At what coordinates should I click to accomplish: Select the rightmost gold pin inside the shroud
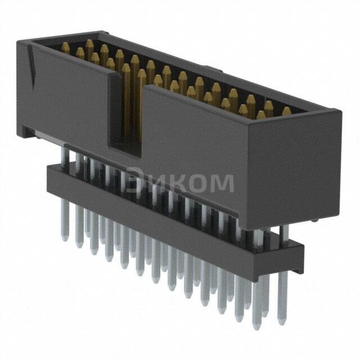286,111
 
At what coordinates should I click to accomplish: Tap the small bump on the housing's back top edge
210,69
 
